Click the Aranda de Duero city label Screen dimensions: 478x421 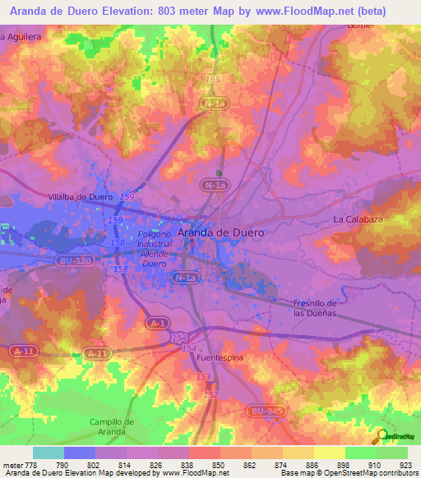[221, 232]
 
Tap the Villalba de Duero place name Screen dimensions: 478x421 [80, 197]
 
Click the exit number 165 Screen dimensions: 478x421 [214, 79]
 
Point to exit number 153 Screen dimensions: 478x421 [203, 376]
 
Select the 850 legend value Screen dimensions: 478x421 [219, 466]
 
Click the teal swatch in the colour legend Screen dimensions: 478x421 [49, 453]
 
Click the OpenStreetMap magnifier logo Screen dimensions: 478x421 [381, 436]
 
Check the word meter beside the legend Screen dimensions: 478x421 [14, 466]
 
